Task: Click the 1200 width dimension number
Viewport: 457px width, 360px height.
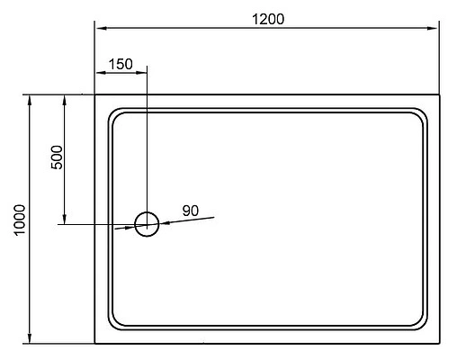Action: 267,20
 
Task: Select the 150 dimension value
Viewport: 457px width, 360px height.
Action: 120,64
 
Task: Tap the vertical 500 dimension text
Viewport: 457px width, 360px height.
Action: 56,158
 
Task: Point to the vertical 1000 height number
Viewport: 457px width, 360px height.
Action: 21,219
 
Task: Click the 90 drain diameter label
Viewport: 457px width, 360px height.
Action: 190,211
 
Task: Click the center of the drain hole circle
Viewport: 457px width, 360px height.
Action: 147,224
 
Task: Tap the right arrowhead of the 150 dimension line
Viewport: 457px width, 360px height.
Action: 140,75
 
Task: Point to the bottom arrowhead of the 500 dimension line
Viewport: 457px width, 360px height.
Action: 65,219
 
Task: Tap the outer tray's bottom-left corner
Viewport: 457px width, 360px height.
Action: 95,343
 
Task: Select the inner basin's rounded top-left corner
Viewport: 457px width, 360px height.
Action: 114,115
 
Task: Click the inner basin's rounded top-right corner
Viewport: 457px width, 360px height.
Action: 421,115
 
